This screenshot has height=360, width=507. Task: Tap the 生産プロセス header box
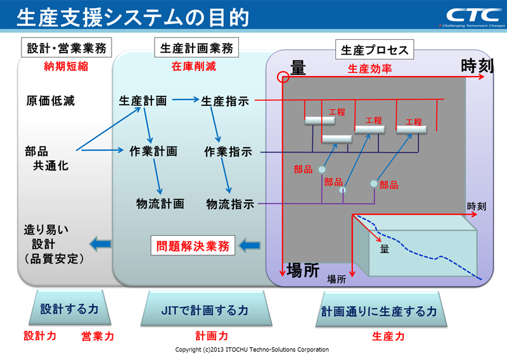(375, 49)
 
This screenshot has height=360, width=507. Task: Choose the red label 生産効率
(370, 68)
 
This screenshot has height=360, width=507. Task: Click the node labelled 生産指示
(225, 101)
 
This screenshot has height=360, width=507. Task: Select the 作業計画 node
(153, 151)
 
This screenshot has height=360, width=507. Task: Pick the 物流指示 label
(230, 204)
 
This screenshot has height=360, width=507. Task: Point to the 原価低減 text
(50, 101)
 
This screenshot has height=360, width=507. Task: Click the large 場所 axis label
(302, 269)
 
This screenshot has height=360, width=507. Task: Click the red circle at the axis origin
(283, 78)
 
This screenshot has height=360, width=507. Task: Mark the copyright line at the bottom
(252, 350)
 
